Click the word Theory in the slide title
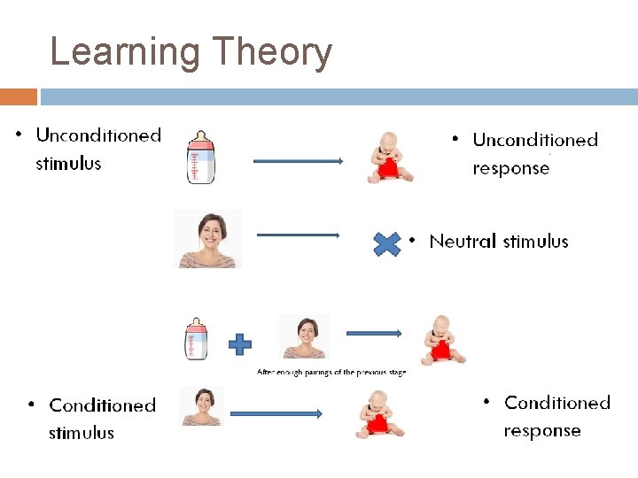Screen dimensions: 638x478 266,53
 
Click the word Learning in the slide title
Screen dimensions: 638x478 124,53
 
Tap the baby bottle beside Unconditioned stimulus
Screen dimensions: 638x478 201,156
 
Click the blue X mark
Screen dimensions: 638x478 387,244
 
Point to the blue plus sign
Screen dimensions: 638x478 239,344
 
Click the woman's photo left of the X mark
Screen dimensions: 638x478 207,239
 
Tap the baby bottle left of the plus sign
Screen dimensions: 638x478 196,339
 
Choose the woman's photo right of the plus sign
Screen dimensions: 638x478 304,336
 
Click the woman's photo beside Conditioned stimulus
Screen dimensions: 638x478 202,406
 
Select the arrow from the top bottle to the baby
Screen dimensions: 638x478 298,161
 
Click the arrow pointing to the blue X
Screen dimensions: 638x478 298,235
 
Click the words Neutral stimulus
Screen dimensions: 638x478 498,242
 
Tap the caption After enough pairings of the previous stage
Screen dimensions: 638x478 331,373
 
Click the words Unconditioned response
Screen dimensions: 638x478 535,154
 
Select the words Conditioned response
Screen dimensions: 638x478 556,417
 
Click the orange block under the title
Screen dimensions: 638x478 19,96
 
